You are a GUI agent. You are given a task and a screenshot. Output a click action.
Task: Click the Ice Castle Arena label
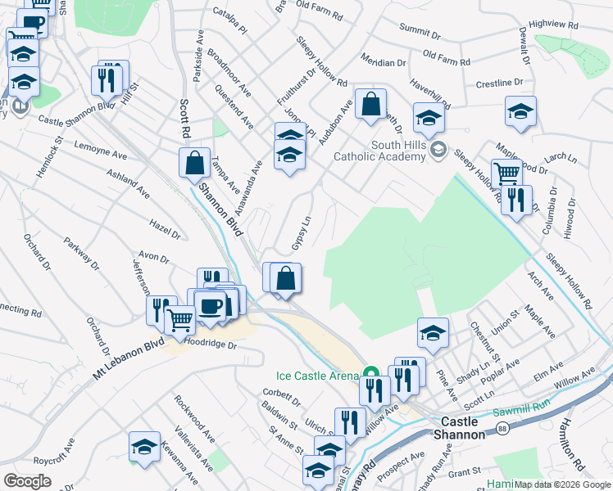(317, 376)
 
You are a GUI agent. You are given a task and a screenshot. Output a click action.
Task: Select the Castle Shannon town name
(458, 428)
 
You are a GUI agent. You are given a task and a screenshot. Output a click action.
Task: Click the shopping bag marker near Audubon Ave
(370, 104)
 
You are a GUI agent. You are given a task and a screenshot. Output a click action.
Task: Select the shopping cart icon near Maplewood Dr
(507, 173)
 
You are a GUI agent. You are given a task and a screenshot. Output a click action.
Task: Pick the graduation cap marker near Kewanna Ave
(144, 446)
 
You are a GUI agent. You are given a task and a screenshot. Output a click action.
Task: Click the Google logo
(27, 481)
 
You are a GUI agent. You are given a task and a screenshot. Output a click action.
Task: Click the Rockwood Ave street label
(193, 416)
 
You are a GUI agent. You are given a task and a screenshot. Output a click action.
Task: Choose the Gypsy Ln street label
(302, 233)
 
